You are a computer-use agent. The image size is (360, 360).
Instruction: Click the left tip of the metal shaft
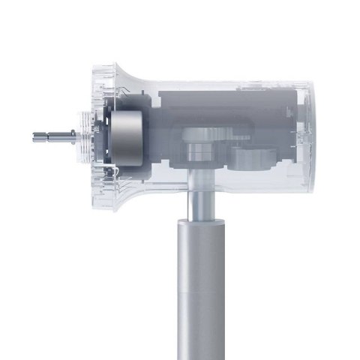pyautogui.click(x=35, y=136)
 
